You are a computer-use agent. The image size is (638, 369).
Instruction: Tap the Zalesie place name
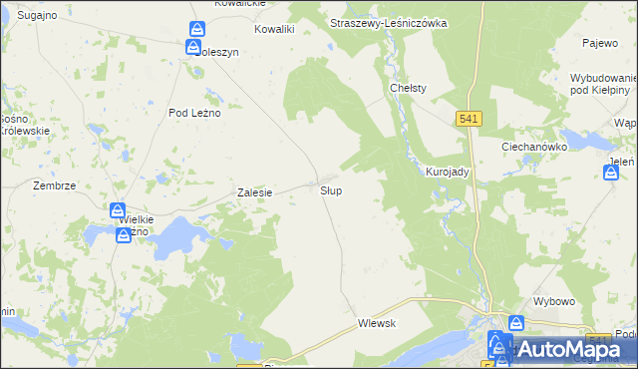point(254,192)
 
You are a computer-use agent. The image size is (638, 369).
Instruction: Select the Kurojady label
point(447,172)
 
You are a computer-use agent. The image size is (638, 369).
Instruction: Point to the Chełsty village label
point(408,88)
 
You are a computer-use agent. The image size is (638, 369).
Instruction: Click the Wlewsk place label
point(378,323)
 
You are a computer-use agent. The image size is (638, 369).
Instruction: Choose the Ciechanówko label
point(533,146)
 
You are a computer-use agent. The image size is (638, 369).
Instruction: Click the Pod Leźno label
point(194,113)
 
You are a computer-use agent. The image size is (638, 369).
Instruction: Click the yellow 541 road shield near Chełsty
point(471,119)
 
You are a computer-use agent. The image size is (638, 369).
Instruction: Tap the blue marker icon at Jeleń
point(611,173)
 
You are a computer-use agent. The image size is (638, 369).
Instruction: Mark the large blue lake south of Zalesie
point(173,237)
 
